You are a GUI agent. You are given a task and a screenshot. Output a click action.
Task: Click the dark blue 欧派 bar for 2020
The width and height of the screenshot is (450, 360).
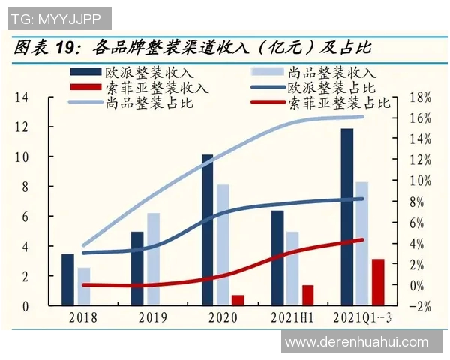point(207,230)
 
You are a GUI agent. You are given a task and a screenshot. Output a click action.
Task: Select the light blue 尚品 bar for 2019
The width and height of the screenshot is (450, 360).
point(153,259)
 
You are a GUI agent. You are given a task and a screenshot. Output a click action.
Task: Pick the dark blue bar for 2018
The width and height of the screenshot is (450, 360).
point(67,280)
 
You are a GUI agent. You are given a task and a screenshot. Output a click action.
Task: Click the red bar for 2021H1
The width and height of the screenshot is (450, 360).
point(307,295)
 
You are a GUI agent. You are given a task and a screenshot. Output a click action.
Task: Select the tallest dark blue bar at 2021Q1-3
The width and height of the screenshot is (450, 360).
point(346,217)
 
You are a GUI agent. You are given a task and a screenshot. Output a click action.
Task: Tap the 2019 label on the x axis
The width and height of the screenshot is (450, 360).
point(152,318)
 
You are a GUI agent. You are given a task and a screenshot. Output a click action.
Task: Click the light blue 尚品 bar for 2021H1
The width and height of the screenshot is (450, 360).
point(292,268)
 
